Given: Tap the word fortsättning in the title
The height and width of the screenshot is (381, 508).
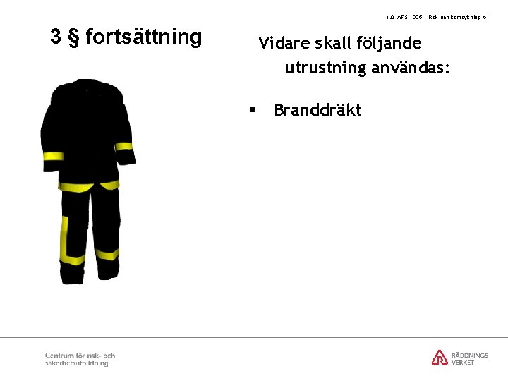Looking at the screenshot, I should (143, 37).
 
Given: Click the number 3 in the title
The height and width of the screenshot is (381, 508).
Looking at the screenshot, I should (56, 37).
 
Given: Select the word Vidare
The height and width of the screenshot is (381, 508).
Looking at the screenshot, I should (281, 43).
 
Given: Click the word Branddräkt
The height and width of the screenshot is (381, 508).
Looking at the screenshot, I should (317, 110).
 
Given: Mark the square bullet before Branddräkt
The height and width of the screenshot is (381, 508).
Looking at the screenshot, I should (250, 110).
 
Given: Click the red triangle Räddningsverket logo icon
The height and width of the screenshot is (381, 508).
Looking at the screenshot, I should (440, 357).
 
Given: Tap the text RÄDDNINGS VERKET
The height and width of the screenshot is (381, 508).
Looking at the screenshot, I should (469, 358).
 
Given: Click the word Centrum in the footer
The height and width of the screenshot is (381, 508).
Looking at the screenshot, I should (59, 356).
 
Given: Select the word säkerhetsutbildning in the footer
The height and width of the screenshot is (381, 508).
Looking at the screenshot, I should (76, 363).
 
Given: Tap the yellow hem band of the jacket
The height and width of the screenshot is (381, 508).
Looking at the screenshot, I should (88, 186).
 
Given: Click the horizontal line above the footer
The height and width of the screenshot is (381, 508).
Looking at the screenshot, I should (254, 337).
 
